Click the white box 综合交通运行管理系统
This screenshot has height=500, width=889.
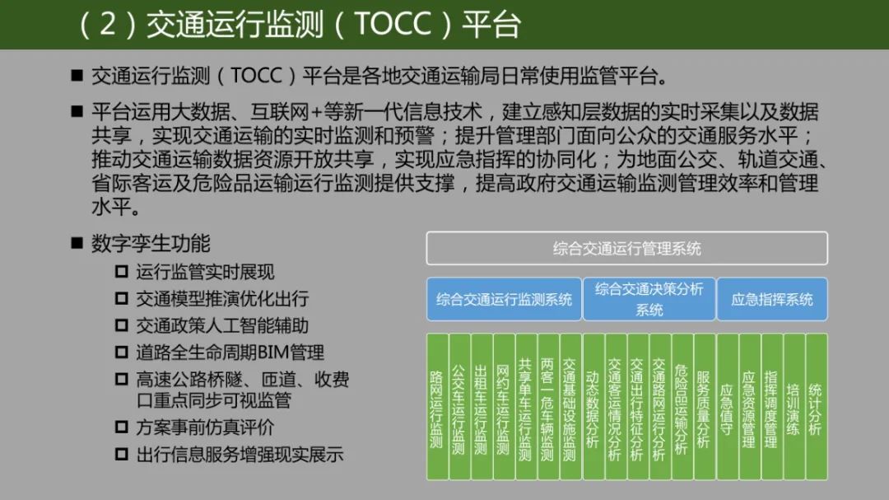[x=626, y=248]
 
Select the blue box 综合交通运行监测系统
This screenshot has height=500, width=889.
[x=504, y=299]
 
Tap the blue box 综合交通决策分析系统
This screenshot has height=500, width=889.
[x=649, y=299]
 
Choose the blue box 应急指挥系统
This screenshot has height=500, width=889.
[x=772, y=299]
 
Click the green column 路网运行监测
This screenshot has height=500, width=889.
[x=436, y=408]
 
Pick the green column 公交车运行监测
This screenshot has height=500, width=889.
[x=458, y=408]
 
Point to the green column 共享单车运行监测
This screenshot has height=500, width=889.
[x=525, y=408]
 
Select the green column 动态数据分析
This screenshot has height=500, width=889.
[x=593, y=408]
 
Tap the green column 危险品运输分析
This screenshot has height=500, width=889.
[x=681, y=408]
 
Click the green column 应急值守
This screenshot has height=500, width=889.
[x=726, y=408]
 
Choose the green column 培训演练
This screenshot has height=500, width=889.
[x=793, y=408]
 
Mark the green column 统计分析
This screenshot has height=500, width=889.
[x=816, y=408]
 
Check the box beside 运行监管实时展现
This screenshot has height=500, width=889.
[x=122, y=272]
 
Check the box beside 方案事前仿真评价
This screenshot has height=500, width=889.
[x=122, y=428]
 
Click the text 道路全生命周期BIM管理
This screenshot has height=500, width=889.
[x=230, y=353]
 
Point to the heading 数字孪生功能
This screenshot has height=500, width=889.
[x=151, y=244]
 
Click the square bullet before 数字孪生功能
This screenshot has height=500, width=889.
[x=77, y=244]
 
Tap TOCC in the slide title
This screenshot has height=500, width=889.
[x=393, y=24]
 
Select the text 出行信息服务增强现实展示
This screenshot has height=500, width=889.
[x=240, y=455]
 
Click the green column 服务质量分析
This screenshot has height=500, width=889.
[x=704, y=408]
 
